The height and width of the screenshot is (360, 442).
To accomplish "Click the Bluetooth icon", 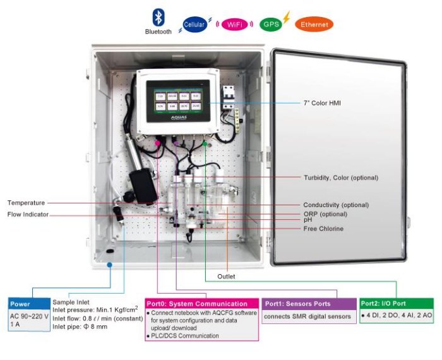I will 157,17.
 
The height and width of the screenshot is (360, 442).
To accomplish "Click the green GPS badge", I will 270,25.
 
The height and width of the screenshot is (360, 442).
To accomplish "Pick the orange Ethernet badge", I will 313,25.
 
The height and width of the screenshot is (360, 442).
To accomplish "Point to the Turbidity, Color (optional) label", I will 341,177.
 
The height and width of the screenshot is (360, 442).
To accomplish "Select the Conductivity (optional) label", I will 336,205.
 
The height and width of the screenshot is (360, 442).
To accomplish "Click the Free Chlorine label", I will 323,229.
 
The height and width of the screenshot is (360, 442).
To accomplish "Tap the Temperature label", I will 26,203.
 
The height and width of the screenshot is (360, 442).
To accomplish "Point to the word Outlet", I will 226,277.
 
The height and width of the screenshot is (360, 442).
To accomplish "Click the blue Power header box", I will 28,304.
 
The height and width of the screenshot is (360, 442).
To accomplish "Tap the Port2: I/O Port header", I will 396,304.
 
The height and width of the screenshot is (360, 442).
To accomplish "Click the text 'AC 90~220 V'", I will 29,316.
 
